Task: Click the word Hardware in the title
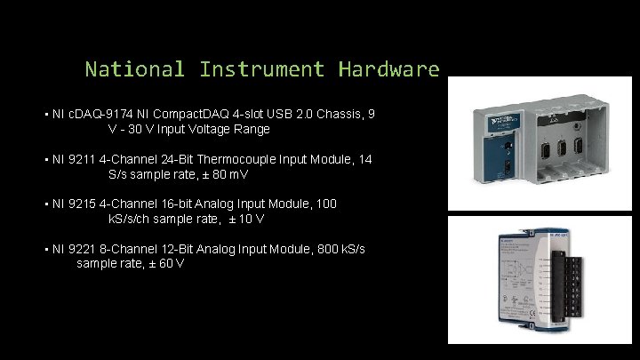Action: (388, 68)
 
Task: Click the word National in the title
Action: (135, 68)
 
